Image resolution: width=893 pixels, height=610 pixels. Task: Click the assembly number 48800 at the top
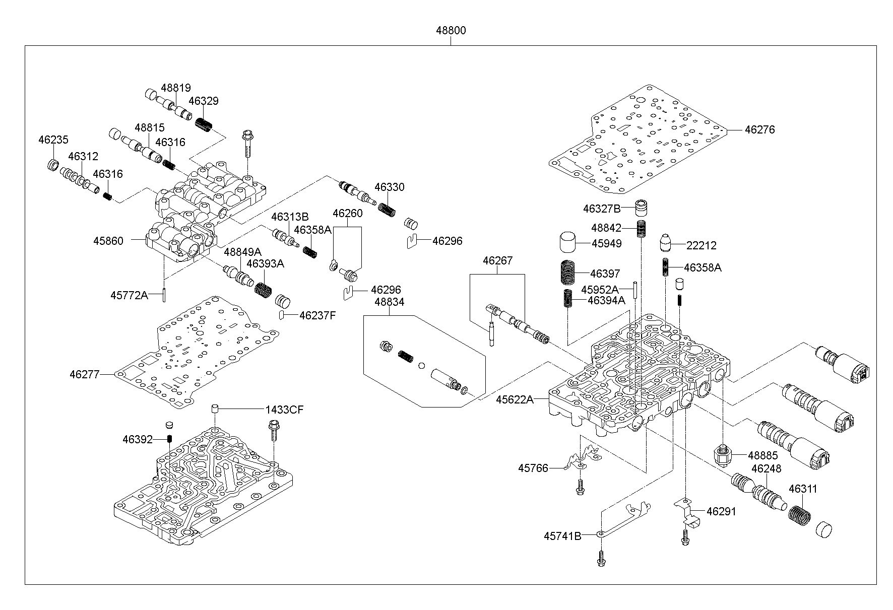(x=451, y=30)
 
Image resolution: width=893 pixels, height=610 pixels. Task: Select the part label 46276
(x=759, y=129)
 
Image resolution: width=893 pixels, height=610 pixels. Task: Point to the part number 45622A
(x=515, y=399)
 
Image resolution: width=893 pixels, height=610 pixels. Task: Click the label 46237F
(x=317, y=315)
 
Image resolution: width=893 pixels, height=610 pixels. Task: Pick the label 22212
(x=701, y=245)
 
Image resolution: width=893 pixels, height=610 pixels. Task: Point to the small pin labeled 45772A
(x=164, y=295)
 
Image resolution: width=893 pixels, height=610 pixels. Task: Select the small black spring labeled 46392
(x=170, y=440)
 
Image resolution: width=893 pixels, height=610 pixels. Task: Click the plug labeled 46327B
(x=640, y=208)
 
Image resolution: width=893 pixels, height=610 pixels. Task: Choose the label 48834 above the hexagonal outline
(x=389, y=302)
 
